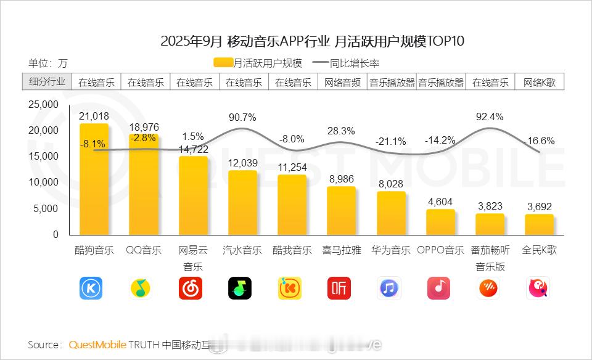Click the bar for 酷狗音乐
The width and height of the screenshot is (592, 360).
(x=94, y=179)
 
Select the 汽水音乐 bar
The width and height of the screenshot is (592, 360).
(x=242, y=202)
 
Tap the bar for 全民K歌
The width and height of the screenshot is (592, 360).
(x=540, y=224)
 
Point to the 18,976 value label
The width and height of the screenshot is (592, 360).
(x=144, y=127)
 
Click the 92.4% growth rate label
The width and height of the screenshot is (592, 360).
(x=490, y=117)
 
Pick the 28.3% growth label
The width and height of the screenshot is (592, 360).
(x=341, y=131)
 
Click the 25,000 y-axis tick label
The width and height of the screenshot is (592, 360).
(x=44, y=104)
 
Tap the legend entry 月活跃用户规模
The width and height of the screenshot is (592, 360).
(x=260, y=62)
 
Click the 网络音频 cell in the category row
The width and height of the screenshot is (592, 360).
(x=342, y=83)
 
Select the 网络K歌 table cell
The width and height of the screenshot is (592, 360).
(x=540, y=83)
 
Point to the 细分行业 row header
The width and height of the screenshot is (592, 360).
(x=47, y=82)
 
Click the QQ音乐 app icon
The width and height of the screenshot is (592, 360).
(x=141, y=288)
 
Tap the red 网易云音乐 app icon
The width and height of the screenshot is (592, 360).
(x=191, y=288)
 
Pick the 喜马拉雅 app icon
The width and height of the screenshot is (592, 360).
(x=339, y=288)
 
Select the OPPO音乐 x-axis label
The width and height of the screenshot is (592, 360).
(x=440, y=250)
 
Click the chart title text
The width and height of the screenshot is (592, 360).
(x=312, y=42)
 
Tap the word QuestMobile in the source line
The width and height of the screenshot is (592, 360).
(x=97, y=344)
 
